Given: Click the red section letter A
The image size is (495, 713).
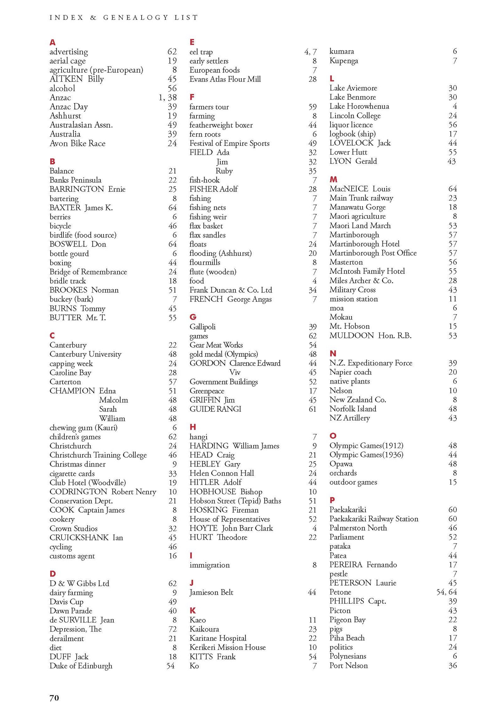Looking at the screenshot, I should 53,42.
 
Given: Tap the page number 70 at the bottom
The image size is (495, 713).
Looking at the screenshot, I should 54,697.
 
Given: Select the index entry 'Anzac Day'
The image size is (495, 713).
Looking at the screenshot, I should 69,107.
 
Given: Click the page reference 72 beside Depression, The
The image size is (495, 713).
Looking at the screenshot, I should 172,629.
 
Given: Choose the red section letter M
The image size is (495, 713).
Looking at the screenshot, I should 333,179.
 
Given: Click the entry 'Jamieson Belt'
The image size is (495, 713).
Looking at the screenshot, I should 211,592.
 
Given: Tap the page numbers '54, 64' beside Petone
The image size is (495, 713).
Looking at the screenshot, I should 446,592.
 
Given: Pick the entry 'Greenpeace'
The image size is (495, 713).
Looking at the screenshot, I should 207,391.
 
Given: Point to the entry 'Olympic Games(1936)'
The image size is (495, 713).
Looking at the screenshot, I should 366,455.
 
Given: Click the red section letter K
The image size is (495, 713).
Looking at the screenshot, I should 193,610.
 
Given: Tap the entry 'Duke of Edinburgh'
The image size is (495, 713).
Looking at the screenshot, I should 81,666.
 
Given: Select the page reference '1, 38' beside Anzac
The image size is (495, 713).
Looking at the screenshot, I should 167,97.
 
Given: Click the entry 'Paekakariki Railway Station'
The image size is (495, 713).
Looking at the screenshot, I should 374,519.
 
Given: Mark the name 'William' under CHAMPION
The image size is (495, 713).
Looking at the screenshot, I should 112,418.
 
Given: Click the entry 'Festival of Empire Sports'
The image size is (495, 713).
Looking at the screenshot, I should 229,143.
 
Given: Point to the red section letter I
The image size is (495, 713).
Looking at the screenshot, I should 191,556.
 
